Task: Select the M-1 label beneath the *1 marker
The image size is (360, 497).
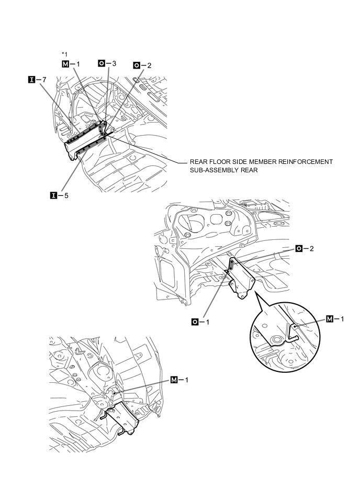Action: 70,64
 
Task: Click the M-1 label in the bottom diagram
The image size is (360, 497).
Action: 179,380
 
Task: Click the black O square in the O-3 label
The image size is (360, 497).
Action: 102,63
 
